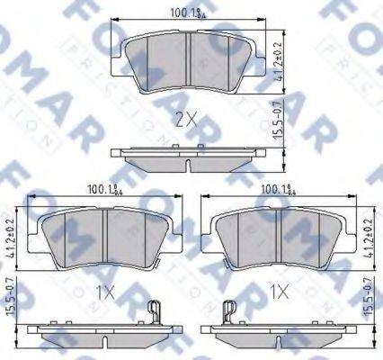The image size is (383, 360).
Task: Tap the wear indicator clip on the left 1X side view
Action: [x=154, y=315]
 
